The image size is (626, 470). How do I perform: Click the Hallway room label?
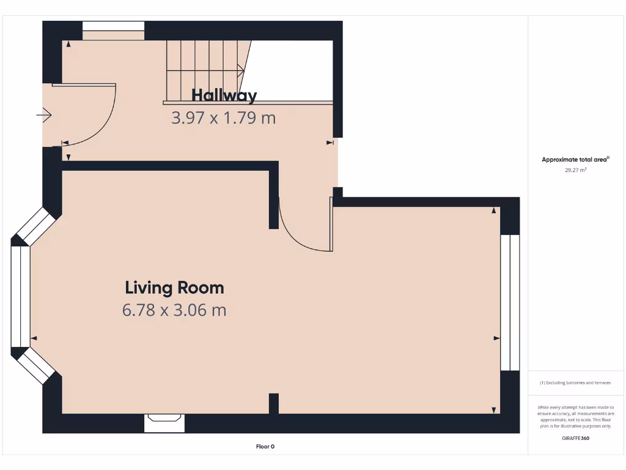click(224, 95)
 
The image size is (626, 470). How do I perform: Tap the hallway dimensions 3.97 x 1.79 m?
click(223, 117)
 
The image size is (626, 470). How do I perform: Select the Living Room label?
click(174, 287)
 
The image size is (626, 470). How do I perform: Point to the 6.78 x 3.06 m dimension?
click(174, 310)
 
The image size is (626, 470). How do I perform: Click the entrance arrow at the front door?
click(45, 114)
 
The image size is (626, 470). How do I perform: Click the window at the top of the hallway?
click(113, 26)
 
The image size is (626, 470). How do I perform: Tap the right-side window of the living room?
click(509, 302)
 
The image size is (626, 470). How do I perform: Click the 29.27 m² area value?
click(575, 171)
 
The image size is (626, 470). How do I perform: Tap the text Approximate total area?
click(575, 160)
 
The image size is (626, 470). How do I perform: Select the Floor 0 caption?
click(265, 447)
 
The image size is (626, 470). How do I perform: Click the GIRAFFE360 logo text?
click(575, 438)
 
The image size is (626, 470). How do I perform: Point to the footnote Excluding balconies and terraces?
click(575, 383)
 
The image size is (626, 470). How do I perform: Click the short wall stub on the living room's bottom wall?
click(274, 404)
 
